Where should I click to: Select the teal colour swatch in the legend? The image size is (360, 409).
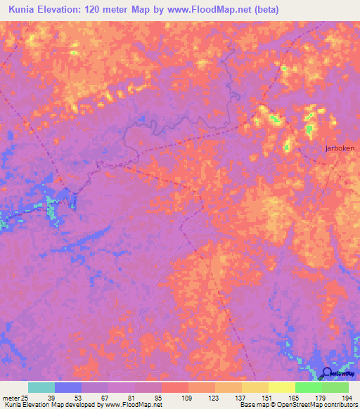click(x=41, y=387)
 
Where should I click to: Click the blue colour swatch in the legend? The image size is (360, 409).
click(x=68, y=387)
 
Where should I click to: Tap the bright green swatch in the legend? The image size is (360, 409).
click(x=309, y=387)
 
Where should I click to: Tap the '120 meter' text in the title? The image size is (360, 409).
click(x=120, y=10)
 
